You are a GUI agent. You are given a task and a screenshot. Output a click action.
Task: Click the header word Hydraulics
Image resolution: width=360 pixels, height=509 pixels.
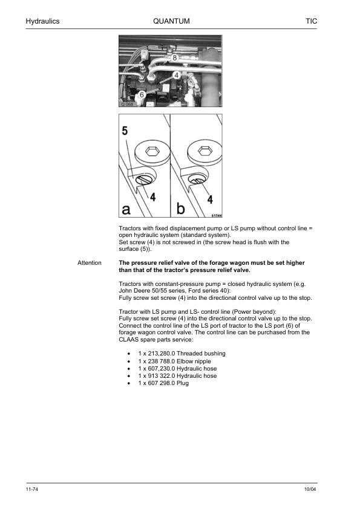[x=42, y=21]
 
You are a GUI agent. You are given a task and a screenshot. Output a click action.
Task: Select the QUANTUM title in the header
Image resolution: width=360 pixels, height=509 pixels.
[x=171, y=21]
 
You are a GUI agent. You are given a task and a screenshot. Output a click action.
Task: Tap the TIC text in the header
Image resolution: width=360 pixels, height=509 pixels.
[x=311, y=21]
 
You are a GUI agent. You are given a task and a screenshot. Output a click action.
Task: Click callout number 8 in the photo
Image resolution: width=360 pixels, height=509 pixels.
[x=174, y=58]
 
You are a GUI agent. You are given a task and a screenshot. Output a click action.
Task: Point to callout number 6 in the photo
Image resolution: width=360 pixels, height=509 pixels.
[x=142, y=95]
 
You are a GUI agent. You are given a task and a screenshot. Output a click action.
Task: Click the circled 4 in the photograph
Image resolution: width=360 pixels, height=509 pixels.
[x=176, y=76]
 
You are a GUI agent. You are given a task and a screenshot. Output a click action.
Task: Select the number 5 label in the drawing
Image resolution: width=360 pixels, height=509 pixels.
[x=125, y=131]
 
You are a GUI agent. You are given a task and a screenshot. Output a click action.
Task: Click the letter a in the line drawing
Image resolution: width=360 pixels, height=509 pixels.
[x=126, y=209]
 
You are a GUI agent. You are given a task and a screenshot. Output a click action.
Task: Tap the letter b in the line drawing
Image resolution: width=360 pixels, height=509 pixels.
[x=180, y=208]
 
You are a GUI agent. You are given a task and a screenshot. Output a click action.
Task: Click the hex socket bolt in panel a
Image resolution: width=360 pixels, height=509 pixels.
[x=150, y=152]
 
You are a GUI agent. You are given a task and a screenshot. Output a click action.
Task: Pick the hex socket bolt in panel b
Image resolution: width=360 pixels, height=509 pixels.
[x=204, y=151]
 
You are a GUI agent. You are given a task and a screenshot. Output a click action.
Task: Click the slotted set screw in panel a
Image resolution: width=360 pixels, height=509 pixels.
[x=143, y=180]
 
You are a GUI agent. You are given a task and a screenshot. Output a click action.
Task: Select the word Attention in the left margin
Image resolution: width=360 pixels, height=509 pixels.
[x=90, y=263]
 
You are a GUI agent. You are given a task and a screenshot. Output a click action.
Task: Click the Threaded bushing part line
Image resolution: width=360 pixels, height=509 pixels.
[x=182, y=354]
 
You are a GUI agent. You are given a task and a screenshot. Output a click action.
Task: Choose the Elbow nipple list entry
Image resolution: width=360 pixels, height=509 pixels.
[x=174, y=361]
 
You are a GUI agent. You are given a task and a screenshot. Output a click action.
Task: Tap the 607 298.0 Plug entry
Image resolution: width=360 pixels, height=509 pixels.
[x=163, y=383]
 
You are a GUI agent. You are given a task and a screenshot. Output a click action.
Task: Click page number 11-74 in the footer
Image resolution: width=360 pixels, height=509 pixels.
[x=32, y=489]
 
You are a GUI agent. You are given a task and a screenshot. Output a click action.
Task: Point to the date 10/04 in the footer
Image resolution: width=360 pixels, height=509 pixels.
[x=310, y=489]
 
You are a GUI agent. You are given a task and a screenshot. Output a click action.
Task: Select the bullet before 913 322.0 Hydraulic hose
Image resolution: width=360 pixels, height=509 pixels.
[x=129, y=376]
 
